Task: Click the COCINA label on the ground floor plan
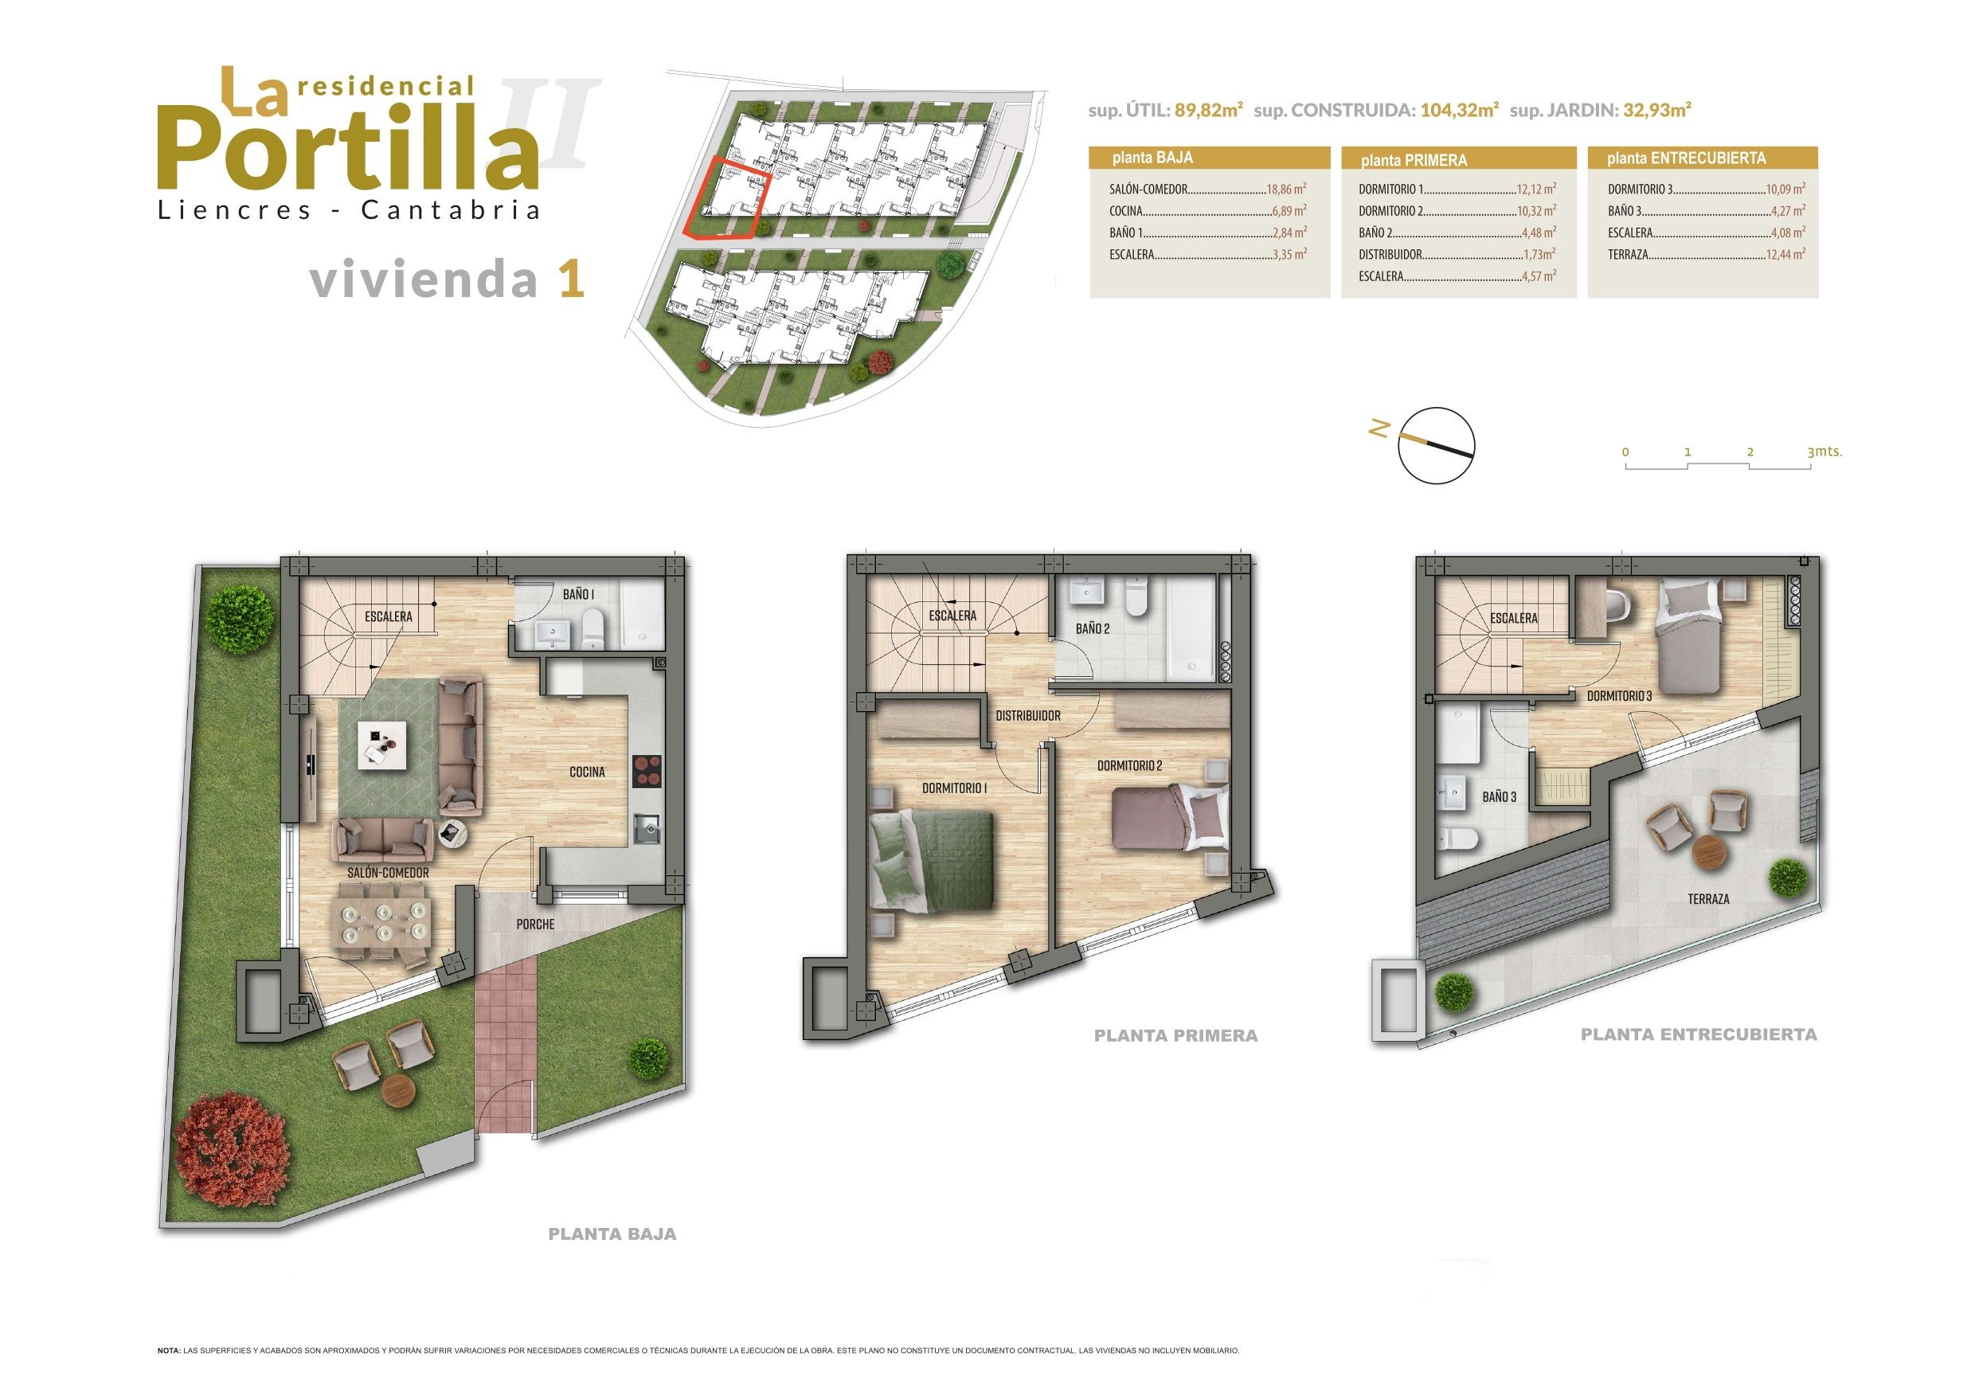coord(587,772)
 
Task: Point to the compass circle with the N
coord(1436,444)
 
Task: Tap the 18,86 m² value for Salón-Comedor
coord(1287,190)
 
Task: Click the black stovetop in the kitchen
coord(647,771)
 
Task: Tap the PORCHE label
coord(535,925)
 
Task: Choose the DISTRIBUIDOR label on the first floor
coord(1028,716)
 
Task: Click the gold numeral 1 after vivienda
coord(572,280)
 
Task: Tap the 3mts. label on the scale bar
coord(1824,452)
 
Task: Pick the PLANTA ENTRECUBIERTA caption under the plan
coord(1699,1034)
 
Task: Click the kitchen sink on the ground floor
coord(647,829)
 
